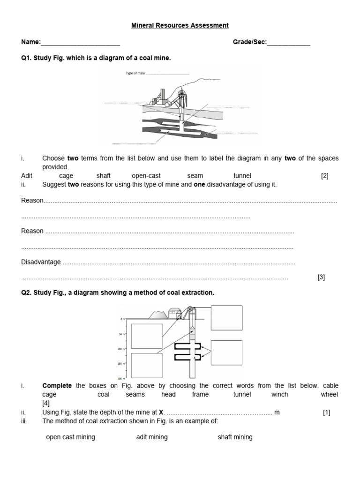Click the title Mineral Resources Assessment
tap(180, 25)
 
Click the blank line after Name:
tap(80, 43)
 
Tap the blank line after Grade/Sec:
tap(288, 43)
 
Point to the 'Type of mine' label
tap(135, 74)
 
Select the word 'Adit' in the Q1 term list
tap(27, 176)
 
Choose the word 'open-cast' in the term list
tap(146, 176)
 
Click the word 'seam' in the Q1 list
tap(195, 176)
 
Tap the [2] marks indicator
tap(325, 176)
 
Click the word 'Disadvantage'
tap(41, 262)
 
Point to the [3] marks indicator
tap(321, 277)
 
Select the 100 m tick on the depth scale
tap(121, 349)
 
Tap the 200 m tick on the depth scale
tap(121, 378)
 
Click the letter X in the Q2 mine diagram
tap(194, 358)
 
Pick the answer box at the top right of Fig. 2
tap(226, 318)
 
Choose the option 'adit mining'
tap(152, 437)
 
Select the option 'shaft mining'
tap(235, 437)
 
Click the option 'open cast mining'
tap(70, 437)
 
